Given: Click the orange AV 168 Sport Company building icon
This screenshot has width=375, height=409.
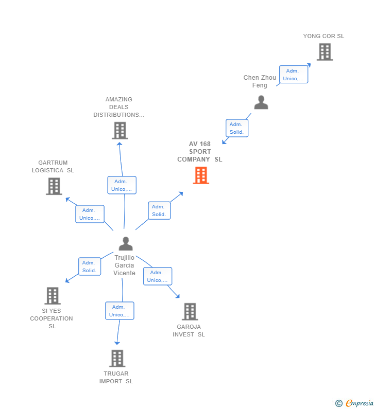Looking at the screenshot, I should (x=201, y=175).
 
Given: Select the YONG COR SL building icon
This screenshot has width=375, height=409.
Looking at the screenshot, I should (x=325, y=52).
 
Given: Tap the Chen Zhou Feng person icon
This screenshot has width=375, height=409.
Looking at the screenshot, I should (x=261, y=102).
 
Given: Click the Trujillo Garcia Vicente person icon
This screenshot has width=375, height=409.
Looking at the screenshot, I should (x=126, y=243).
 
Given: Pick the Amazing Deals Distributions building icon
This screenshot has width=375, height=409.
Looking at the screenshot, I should (x=120, y=131).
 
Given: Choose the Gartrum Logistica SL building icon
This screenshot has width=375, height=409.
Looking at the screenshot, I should (x=54, y=186).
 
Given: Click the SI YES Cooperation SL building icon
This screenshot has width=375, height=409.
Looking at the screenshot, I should (x=53, y=296).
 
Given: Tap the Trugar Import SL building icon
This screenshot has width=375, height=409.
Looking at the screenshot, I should (x=117, y=358).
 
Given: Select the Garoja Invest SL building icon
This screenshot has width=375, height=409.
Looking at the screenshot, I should (x=190, y=311).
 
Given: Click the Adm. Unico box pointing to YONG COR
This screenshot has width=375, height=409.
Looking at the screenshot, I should (x=294, y=75).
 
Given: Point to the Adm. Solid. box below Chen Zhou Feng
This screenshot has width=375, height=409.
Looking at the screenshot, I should (x=236, y=128).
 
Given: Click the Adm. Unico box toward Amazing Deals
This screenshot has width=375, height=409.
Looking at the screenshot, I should (x=122, y=185).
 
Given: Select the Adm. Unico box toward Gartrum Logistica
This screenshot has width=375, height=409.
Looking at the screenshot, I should (x=90, y=214).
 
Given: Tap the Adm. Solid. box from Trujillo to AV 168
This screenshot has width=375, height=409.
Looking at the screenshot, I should (x=159, y=210).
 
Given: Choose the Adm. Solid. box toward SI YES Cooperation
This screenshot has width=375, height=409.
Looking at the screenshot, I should (x=89, y=266).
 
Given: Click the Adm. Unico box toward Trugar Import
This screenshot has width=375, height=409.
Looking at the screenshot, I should (x=120, y=311).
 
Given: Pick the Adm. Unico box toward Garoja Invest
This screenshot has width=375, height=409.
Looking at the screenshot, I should (x=158, y=276).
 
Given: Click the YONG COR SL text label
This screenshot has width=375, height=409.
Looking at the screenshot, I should (x=323, y=36).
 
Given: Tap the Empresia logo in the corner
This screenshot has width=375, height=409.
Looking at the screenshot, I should (x=355, y=403).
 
